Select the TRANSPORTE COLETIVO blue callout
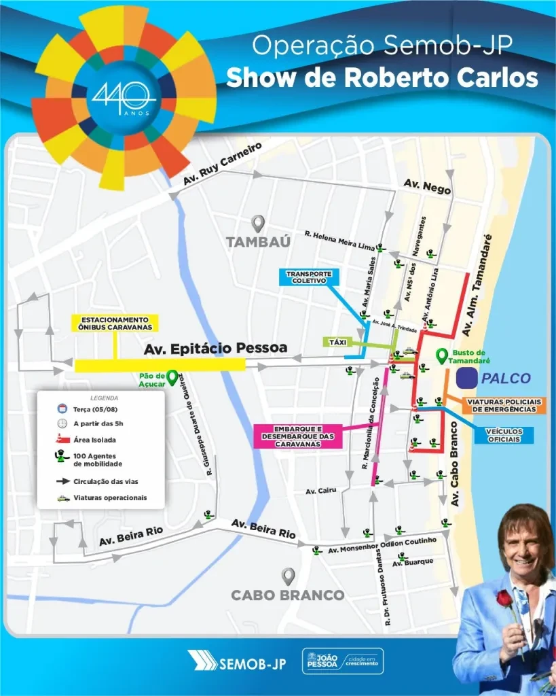(309, 277)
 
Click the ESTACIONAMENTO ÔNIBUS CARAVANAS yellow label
(115, 323)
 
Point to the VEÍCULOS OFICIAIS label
(503, 435)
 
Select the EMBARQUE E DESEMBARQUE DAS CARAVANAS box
(297, 436)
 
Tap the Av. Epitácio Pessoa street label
(216, 348)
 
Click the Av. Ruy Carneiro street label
(222, 164)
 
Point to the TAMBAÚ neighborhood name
(258, 242)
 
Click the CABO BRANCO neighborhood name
(288, 595)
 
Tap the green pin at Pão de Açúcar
(172, 376)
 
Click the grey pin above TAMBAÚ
(258, 223)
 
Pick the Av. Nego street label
(427, 186)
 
